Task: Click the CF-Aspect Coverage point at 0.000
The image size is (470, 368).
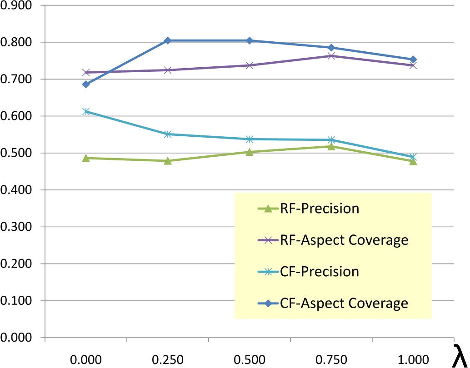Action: pyautogui.click(x=86, y=84)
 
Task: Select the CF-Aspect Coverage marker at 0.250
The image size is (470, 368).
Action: pyautogui.click(x=168, y=40)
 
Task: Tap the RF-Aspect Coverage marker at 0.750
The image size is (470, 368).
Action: pyautogui.click(x=331, y=56)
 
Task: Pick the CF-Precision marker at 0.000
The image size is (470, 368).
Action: pyautogui.click(x=86, y=111)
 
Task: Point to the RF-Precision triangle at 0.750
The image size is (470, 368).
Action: pyautogui.click(x=331, y=146)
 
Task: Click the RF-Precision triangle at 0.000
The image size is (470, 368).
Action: pyautogui.click(x=86, y=158)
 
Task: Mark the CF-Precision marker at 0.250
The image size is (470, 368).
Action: pyautogui.click(x=168, y=134)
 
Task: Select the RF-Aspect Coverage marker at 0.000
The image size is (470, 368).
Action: pyautogui.click(x=86, y=73)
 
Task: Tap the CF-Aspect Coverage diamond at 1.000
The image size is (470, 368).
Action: pyautogui.click(x=413, y=60)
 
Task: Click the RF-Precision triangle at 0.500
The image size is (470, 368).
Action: pyautogui.click(x=250, y=152)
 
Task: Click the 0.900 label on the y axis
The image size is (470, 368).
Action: pyautogui.click(x=18, y=5)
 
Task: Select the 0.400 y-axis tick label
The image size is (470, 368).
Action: pyautogui.click(x=18, y=190)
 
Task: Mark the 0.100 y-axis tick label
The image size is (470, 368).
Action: pyautogui.click(x=18, y=301)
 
